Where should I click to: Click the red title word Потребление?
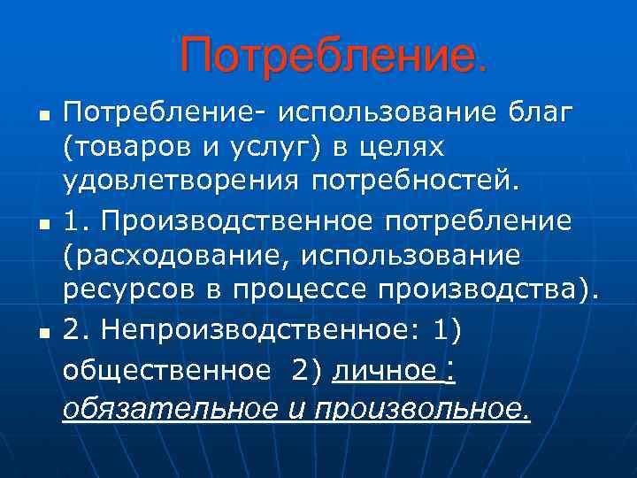tap(334, 56)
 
